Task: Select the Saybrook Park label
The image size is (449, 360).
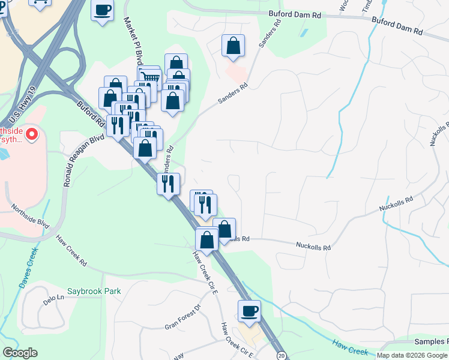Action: pos(94,292)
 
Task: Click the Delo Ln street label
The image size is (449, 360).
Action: pos(53,298)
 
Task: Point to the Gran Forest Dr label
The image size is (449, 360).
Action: pos(182,318)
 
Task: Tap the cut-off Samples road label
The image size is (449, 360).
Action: pos(432,341)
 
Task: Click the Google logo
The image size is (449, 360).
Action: pos(19,353)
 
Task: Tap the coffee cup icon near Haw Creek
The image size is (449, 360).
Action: pos(249,311)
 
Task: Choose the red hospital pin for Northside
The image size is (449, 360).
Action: pos(31,134)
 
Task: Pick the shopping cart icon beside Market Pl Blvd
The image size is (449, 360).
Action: pos(149,77)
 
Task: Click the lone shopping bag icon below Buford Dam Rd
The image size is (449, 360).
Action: pos(233,46)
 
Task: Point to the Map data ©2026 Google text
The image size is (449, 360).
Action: pos(412,355)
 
